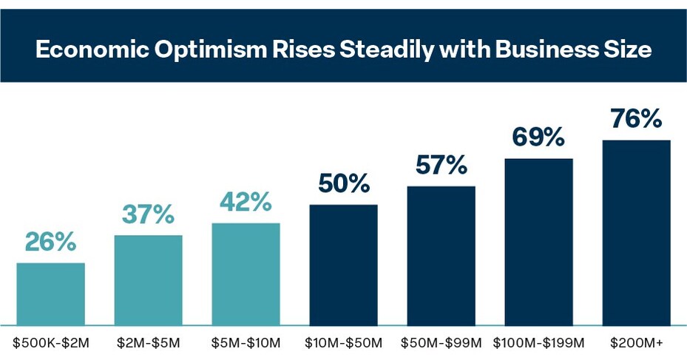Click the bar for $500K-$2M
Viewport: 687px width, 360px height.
click(50, 293)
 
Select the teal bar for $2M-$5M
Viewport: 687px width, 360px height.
click(148, 279)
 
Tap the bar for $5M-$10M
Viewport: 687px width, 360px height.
click(246, 274)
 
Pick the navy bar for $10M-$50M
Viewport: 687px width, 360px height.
click(343, 265)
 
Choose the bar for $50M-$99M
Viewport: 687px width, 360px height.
click(441, 255)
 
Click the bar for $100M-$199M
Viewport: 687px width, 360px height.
click(538, 242)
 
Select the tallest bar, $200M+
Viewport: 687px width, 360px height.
click(636, 232)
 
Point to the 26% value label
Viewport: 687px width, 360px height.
click(50, 242)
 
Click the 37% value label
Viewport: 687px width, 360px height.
click(148, 214)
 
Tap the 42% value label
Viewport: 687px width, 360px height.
click(246, 202)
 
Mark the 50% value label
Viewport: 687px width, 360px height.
click(343, 183)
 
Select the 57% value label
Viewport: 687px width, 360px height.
click(441, 165)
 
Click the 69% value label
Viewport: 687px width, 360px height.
click(538, 137)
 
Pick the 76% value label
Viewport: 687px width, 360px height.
click(636, 119)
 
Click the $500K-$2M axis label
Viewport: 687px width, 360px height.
click(50, 343)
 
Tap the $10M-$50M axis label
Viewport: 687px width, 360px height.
click(343, 343)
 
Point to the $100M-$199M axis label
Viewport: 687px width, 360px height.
click(538, 343)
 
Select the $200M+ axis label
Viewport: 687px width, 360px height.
click(636, 343)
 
